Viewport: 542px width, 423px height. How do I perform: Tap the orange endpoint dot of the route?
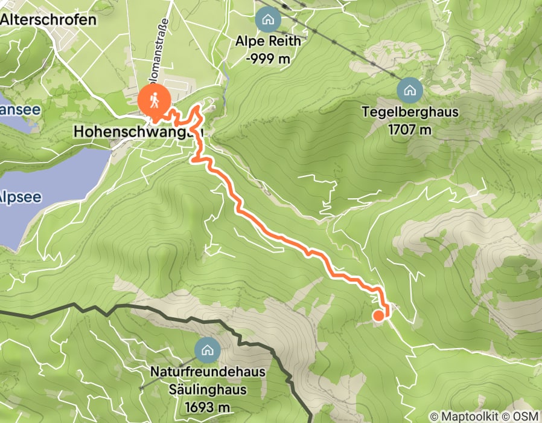click(378, 315)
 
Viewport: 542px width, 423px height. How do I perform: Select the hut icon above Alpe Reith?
click(267, 19)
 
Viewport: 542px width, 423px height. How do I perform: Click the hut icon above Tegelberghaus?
click(410, 91)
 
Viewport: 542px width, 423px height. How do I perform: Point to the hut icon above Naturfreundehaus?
click(207, 349)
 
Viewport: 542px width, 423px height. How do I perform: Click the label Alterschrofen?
click(48, 20)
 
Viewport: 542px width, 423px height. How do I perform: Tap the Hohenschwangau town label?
click(138, 131)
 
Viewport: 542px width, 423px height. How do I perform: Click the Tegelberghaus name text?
click(410, 112)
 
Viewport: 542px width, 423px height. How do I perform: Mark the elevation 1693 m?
click(208, 406)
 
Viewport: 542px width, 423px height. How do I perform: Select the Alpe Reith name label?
click(268, 42)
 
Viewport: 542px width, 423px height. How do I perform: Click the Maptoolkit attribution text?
click(468, 416)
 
